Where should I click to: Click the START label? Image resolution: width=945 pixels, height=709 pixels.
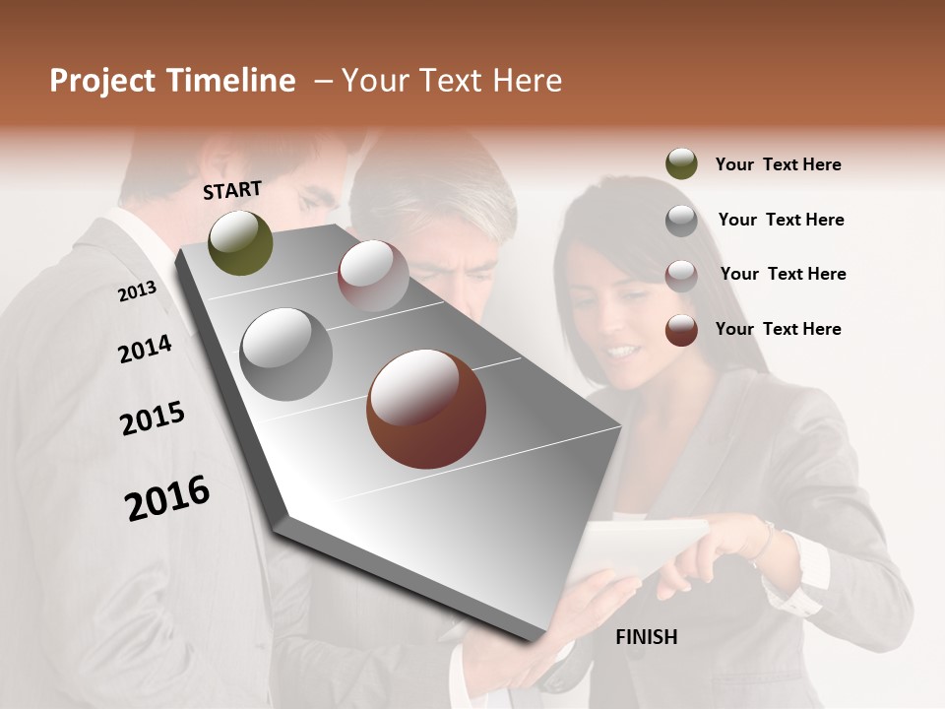point(232,189)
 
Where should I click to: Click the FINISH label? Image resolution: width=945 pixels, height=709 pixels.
point(646,637)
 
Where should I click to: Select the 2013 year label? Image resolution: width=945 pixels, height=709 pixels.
point(137,290)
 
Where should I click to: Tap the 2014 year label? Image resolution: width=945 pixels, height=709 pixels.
point(145,349)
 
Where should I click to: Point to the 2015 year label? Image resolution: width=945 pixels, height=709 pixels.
point(153,419)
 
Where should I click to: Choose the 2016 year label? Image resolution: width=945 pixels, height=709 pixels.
point(167,497)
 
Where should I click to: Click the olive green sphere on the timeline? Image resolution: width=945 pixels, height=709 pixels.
point(240,242)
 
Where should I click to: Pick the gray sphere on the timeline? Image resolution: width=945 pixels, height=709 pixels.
point(285,354)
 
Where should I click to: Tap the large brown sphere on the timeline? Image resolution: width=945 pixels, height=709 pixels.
point(425,409)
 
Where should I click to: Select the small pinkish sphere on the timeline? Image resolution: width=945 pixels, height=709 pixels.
point(372,275)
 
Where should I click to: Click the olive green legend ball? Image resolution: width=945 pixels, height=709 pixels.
point(681,164)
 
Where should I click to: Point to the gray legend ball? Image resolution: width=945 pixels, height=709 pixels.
point(681,220)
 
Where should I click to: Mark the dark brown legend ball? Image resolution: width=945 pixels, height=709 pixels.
point(681,329)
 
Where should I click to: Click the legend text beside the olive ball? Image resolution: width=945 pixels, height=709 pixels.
point(778,164)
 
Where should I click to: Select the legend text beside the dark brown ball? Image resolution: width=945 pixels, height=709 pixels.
point(778,329)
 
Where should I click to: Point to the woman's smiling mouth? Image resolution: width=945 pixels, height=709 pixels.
point(622,350)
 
